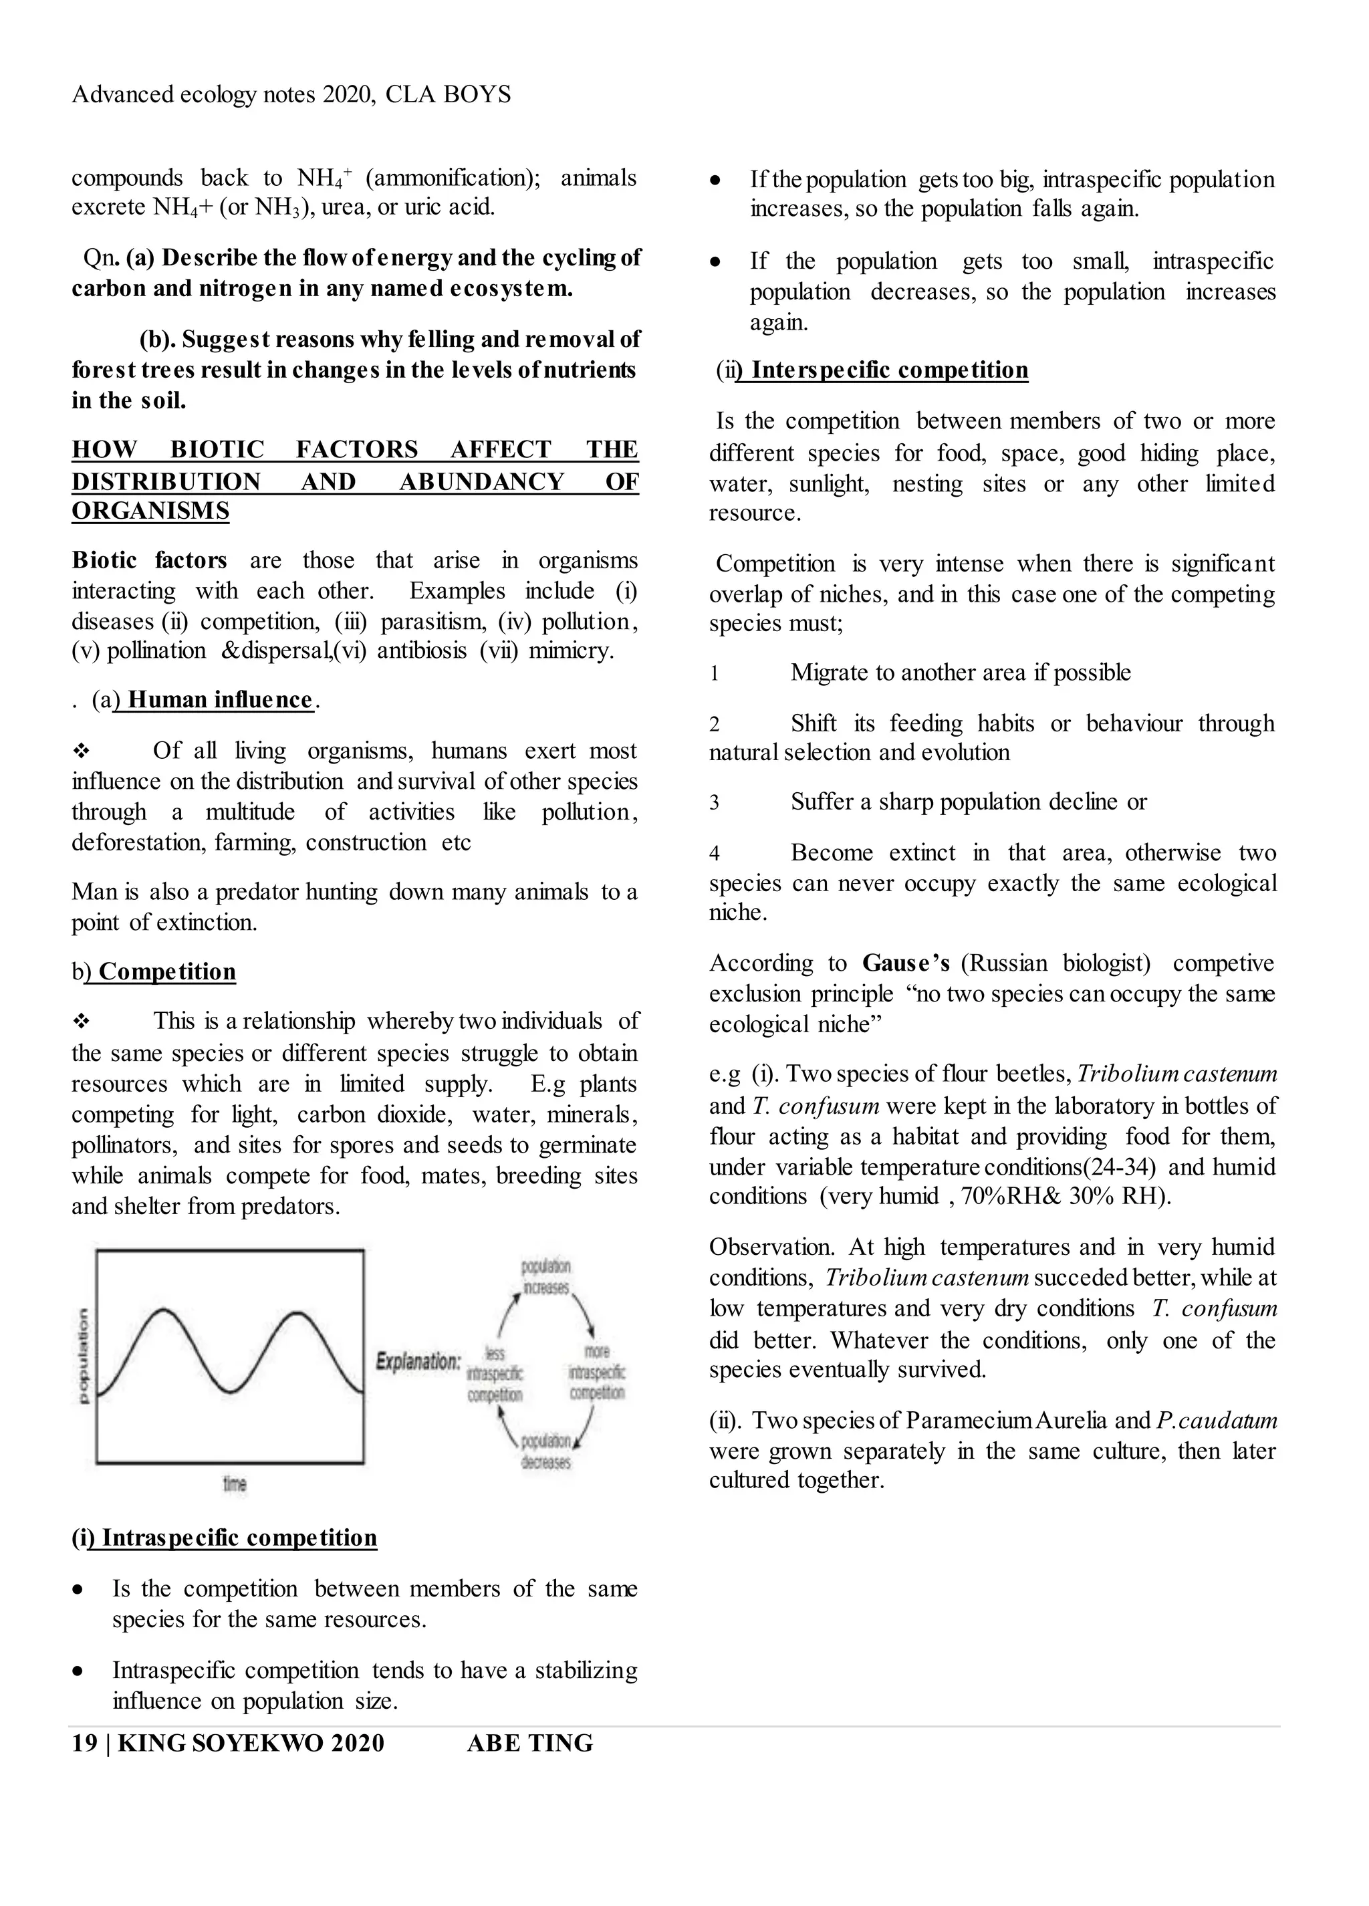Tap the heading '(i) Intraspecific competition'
[225, 1538]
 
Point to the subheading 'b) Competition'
[154, 971]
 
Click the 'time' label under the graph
[235, 1484]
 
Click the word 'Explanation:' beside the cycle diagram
[418, 1360]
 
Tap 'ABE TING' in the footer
[529, 1743]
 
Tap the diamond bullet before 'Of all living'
[82, 751]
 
